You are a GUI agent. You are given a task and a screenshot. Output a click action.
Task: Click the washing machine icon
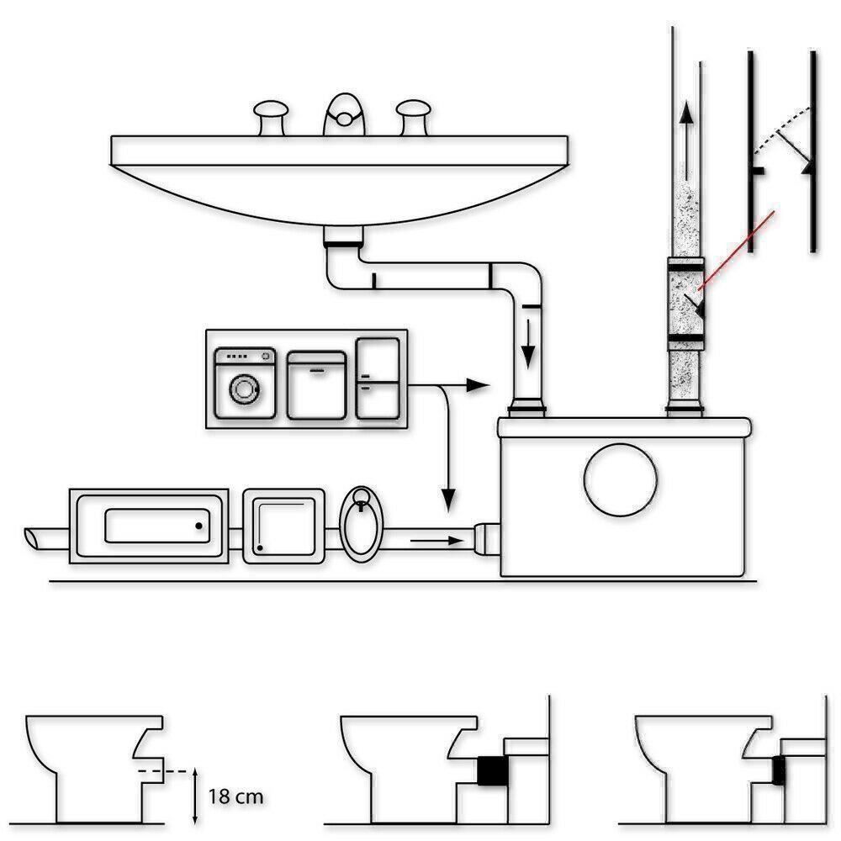pos(245,383)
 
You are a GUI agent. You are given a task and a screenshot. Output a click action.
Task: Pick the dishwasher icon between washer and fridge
pos(316,383)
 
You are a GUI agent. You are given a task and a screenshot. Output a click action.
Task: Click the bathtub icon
pos(151,526)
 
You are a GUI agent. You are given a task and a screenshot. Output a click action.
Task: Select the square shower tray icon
pos(284,526)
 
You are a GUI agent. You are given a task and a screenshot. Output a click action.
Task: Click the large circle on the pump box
pos(621,479)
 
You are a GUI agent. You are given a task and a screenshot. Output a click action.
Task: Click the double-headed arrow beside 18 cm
pos(195,795)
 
